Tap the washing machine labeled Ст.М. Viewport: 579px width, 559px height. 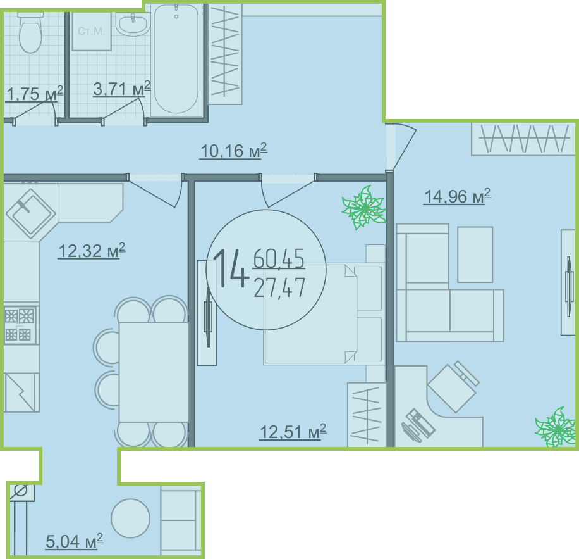point(92,32)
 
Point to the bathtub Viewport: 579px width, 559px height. point(176,59)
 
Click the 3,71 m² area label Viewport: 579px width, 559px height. point(121,89)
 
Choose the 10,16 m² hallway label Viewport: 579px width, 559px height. point(233,151)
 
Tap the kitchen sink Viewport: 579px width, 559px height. point(30,213)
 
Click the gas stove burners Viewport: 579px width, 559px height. point(20,325)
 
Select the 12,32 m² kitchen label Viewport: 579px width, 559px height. point(92,251)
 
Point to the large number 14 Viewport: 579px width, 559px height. point(231,268)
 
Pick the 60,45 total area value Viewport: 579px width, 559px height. point(279,258)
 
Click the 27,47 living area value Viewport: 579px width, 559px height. point(279,287)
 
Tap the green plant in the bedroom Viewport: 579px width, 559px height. point(365,208)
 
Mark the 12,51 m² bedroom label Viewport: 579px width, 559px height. point(293,432)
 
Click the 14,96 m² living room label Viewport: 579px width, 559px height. point(457,196)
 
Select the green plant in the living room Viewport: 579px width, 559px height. point(556,427)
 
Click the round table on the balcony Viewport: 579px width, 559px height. point(130,518)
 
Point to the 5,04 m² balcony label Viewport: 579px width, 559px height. point(74,542)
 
